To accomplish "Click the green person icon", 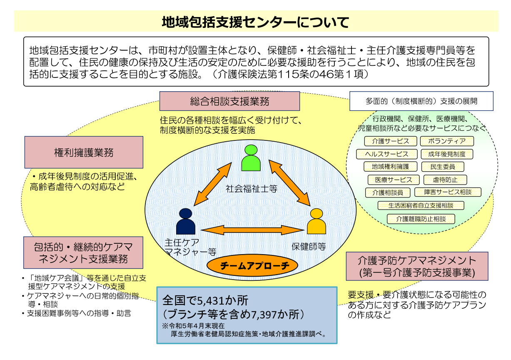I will [251, 158].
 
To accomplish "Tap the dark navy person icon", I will [186, 222].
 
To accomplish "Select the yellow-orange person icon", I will [317, 222].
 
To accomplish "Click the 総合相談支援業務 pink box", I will [229, 101].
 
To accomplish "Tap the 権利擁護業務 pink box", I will [84, 152].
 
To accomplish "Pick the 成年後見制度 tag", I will [446, 154].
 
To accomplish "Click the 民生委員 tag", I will [443, 167].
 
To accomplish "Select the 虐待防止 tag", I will [445, 180].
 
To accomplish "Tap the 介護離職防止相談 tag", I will [421, 218].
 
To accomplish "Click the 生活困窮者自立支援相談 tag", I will [421, 205].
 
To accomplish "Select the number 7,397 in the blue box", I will [264, 313].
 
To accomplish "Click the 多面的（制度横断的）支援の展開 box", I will [421, 101].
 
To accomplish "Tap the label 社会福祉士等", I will [252, 188].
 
